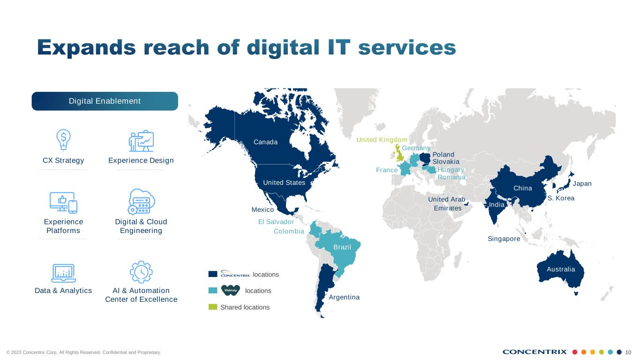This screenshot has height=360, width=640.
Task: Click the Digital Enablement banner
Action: pos(105,101)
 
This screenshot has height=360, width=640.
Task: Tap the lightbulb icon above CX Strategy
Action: pos(63,139)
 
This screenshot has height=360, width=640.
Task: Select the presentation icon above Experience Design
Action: pos(141,141)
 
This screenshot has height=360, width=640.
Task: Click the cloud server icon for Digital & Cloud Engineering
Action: pos(141,202)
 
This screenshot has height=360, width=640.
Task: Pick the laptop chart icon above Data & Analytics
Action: pos(63,273)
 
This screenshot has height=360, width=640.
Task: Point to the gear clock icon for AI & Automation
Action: pos(141,272)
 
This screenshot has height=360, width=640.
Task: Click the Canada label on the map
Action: pos(265,142)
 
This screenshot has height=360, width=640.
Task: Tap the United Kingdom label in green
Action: pos(382,140)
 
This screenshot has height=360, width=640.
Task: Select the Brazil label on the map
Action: pos(342,247)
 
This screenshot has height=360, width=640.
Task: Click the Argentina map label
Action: pos(344,297)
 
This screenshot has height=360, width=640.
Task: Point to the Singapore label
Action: pos(504,239)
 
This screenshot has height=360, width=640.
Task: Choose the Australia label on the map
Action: pos(561,269)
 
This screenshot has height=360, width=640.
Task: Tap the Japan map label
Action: pos(582,184)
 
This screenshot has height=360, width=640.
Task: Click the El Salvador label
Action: pos(276,222)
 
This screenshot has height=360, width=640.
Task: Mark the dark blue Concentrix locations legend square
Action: pos(213,274)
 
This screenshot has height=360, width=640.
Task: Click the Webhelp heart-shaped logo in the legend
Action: pos(231,290)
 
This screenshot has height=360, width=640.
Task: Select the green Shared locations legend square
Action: pos(213,307)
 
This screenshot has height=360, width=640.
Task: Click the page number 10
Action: pos(628,352)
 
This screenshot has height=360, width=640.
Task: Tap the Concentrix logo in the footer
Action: pos(535,352)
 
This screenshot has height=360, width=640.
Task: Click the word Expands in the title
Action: pos(87,48)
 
